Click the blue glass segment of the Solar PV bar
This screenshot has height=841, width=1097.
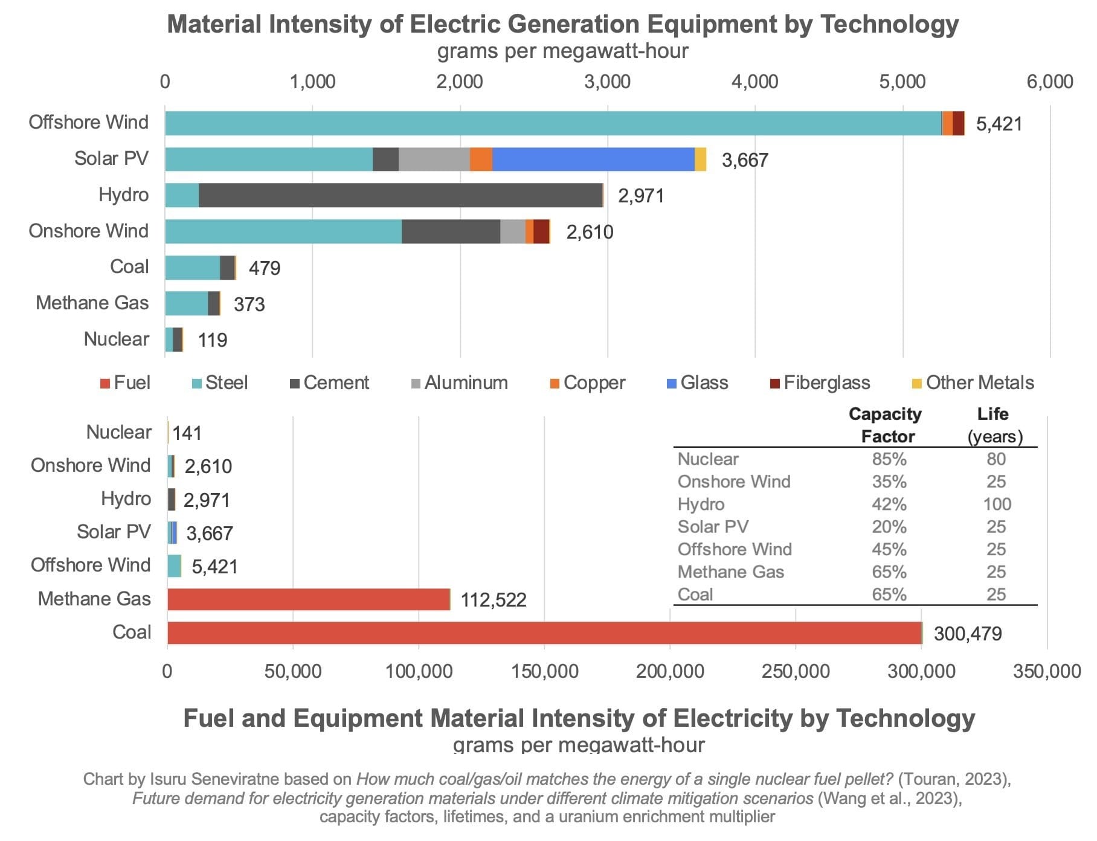(x=593, y=159)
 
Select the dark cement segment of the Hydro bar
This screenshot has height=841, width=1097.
(x=400, y=195)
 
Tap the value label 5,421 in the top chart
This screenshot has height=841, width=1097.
(x=999, y=124)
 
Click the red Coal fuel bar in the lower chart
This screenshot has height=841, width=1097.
(x=544, y=633)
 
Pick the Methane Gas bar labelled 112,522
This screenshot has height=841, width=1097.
(x=308, y=599)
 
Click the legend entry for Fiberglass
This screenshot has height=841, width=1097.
(x=820, y=383)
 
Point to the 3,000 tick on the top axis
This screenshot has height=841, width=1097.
(x=607, y=82)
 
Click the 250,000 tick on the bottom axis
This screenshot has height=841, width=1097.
(x=795, y=671)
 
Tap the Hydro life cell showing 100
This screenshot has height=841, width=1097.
(x=996, y=504)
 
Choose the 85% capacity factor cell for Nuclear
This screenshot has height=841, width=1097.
(x=889, y=459)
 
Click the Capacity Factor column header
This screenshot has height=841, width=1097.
(x=886, y=425)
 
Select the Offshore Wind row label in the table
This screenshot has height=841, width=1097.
(x=734, y=549)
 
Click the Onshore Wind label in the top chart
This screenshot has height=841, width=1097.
(x=88, y=231)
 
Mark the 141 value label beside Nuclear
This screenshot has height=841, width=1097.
(x=187, y=433)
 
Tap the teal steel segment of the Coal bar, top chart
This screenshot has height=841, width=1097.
(x=192, y=268)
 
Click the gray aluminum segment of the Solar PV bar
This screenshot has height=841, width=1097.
(x=434, y=159)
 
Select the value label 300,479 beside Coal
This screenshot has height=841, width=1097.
(x=967, y=634)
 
